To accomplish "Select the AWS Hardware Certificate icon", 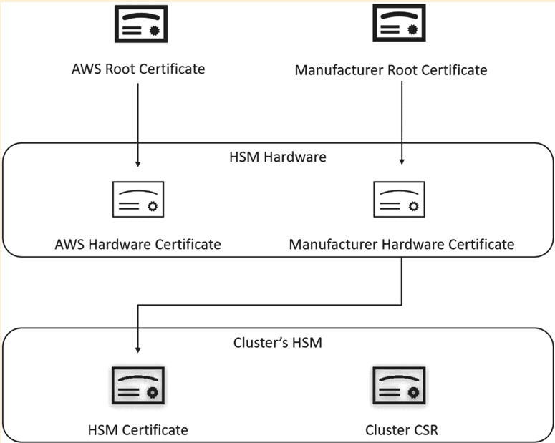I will pos(137,200).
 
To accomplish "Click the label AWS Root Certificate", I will pos(137,69).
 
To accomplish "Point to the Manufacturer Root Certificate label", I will pos(391,70).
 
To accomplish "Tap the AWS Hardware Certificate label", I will pos(137,244).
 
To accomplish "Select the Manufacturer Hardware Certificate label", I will pos(401,244).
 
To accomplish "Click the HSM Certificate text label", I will pos(137,429).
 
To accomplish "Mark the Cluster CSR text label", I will pos(401,429).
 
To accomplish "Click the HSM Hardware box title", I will pos(277,157).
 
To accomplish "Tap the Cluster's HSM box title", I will pos(277,342).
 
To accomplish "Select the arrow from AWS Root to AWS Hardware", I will pos(137,122).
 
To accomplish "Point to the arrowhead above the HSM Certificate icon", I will pos(137,349).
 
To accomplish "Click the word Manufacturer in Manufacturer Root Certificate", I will pos(336,70).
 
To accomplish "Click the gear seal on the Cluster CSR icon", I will pos(413,393).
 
